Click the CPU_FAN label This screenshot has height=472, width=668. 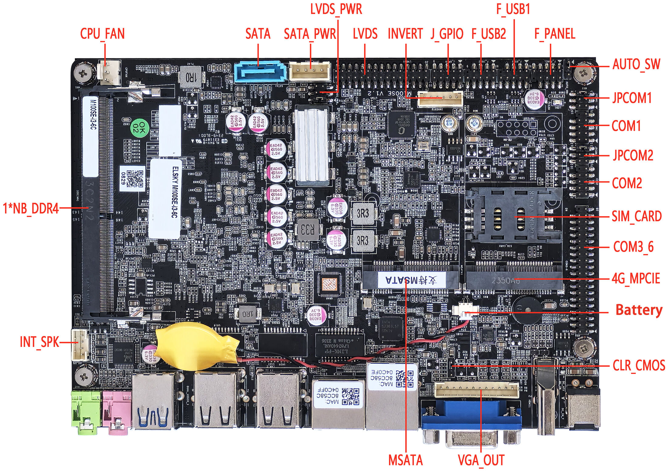[102, 34]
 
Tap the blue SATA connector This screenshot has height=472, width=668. [261, 72]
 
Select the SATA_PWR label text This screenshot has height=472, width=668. [310, 34]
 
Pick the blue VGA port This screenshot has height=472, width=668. [471, 414]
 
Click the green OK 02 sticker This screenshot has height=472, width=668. [139, 127]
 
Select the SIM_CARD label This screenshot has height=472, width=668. [636, 216]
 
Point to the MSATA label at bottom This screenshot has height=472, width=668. [405, 460]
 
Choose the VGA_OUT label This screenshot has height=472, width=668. [481, 460]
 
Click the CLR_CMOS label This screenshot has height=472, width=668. [639, 365]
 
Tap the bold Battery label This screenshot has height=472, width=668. [639, 310]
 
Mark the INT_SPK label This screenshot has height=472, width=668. [39, 342]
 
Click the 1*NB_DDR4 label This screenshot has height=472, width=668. [31, 209]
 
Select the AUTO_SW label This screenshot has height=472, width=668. [636, 64]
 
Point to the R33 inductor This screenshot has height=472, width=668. [308, 229]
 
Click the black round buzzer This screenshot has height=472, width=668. [527, 310]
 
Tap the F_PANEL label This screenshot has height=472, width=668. [554, 34]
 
